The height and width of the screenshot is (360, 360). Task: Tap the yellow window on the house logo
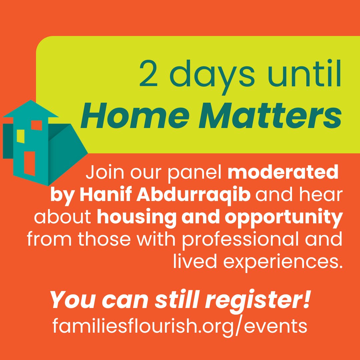click(x=21, y=136)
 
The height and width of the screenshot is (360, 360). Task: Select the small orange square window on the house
click(x=36, y=125)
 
